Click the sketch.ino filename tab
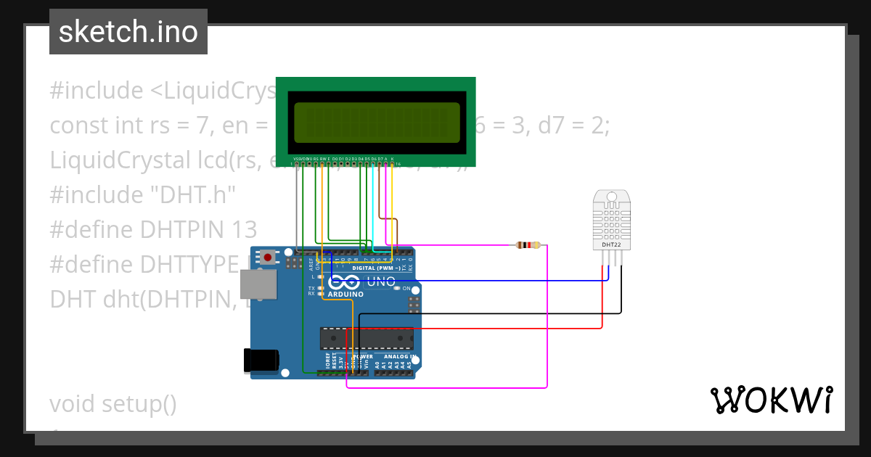coord(128,32)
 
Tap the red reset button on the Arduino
coord(268,257)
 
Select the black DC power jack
coord(261,360)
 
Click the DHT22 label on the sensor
coord(611,245)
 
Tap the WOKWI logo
coord(771,400)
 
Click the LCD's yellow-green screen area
coord(377,122)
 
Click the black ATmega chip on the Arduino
coord(367,338)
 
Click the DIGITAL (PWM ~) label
coord(376,268)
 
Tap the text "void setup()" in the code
coord(113,403)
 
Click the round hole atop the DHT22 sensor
coord(611,196)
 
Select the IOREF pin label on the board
coord(327,362)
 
